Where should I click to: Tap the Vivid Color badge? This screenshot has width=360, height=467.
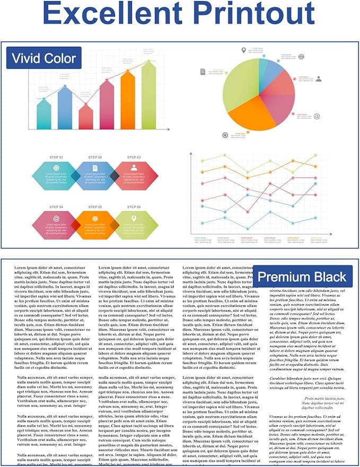[43, 58]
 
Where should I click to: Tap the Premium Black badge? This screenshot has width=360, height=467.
[302, 276]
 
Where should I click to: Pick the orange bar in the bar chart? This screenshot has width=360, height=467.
[128, 101]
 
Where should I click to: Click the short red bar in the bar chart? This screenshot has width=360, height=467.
[86, 117]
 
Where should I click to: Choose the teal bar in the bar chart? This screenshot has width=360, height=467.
[44, 114]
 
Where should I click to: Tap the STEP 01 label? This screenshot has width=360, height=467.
[56, 158]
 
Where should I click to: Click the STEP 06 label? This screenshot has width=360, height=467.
[134, 207]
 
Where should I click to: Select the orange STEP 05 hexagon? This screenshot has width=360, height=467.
[95, 224]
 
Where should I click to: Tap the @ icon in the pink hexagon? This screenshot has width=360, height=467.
[56, 218]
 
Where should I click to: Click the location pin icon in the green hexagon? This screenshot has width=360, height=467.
[134, 218]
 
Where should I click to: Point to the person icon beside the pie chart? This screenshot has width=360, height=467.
[319, 79]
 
